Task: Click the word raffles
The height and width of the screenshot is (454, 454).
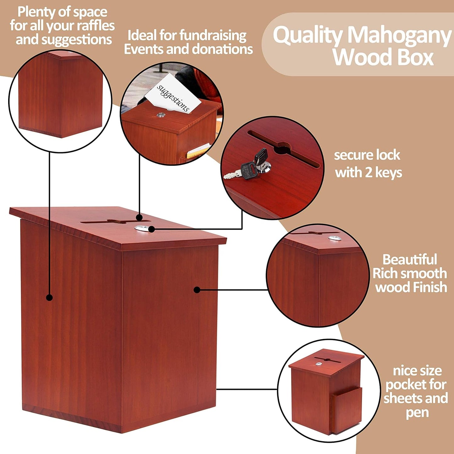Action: (x=96, y=26)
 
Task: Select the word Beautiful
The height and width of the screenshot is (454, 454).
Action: (x=410, y=260)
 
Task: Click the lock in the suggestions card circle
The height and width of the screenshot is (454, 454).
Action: (x=161, y=115)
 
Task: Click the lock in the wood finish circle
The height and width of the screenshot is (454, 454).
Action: (x=335, y=238)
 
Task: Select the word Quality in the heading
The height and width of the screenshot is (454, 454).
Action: (x=307, y=35)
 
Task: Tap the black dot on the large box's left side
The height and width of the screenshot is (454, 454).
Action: (x=49, y=297)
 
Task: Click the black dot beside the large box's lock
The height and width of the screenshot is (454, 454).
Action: (x=152, y=229)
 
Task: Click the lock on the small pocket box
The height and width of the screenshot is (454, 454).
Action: (x=319, y=364)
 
